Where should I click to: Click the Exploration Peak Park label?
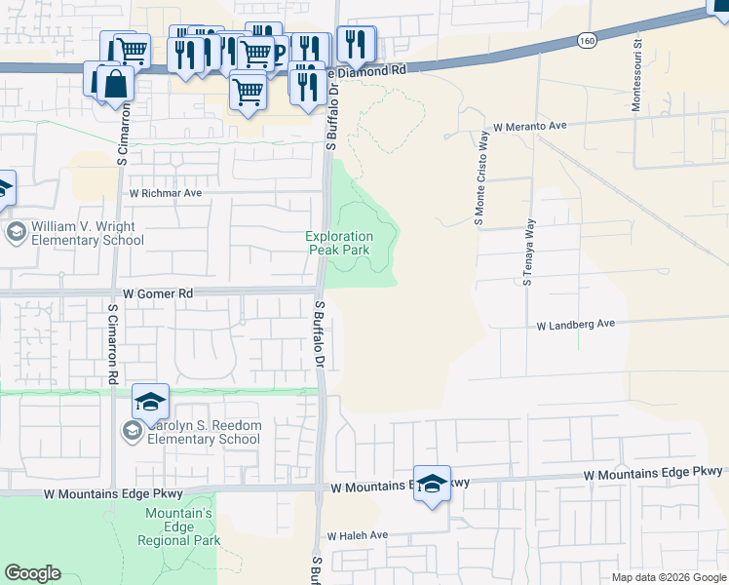pyautogui.click(x=339, y=243)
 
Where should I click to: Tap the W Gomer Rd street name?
pyautogui.click(x=158, y=293)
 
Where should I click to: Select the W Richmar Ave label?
pyautogui.click(x=166, y=193)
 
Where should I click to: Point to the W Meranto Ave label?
pyautogui.click(x=529, y=127)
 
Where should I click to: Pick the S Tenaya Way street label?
pyautogui.click(x=527, y=252)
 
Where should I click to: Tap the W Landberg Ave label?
pyautogui.click(x=576, y=325)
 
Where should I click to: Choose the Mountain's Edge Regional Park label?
pyautogui.click(x=178, y=526)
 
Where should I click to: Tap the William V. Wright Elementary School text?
pyautogui.click(x=88, y=232)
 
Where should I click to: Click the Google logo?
pyautogui.click(x=32, y=573)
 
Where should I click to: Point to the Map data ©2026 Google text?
pyautogui.click(x=670, y=577)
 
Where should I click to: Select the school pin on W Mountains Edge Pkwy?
pyautogui.click(x=432, y=483)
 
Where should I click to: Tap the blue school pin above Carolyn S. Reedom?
pyautogui.click(x=151, y=401)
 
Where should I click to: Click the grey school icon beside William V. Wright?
pyautogui.click(x=16, y=232)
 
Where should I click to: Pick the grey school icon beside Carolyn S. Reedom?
pyautogui.click(x=133, y=431)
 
